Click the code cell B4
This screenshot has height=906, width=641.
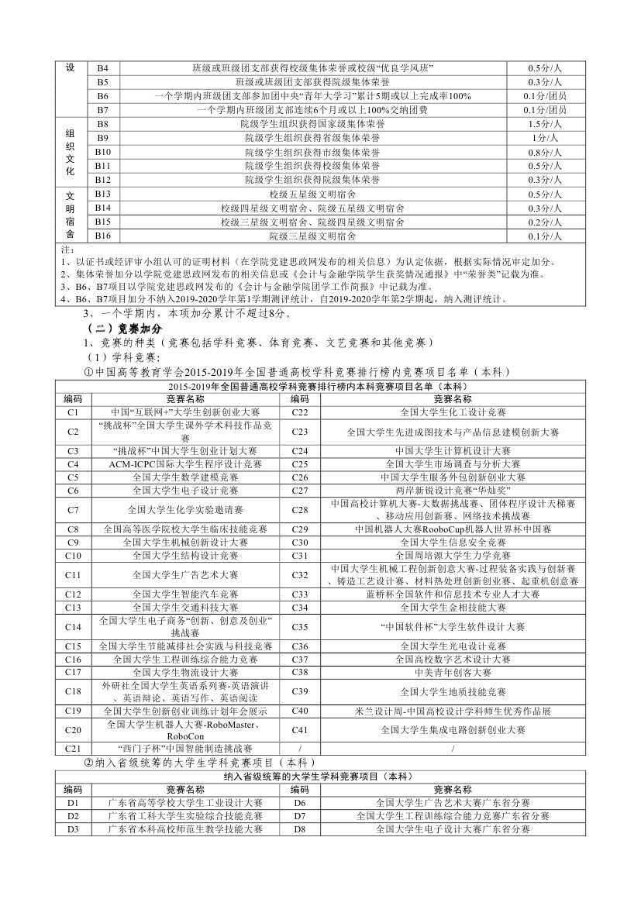click(x=102, y=68)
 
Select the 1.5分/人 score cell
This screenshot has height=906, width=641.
click(x=545, y=124)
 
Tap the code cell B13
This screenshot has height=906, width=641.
click(x=102, y=194)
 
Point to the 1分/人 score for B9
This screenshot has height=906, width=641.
click(x=545, y=138)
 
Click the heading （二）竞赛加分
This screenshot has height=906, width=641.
click(x=125, y=329)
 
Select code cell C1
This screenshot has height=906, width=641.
click(x=74, y=412)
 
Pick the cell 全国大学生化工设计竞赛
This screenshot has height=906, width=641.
click(x=453, y=412)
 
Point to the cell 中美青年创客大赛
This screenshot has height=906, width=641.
click(x=453, y=672)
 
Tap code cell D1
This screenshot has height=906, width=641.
click(x=74, y=803)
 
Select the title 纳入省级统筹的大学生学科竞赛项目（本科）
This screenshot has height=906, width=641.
click(x=319, y=777)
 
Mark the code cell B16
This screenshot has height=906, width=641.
click(x=102, y=236)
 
